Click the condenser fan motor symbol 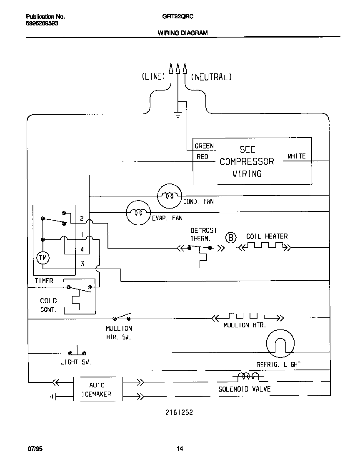[x=170, y=195]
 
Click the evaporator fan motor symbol [x=138, y=213]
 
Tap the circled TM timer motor [x=43, y=258]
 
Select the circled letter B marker [x=230, y=238]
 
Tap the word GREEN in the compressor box [x=204, y=146]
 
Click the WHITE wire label [x=296, y=156]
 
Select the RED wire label [x=202, y=157]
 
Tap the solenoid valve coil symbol [x=248, y=377]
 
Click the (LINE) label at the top [x=153, y=77]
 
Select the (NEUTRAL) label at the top [x=211, y=77]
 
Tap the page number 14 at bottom [x=180, y=449]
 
